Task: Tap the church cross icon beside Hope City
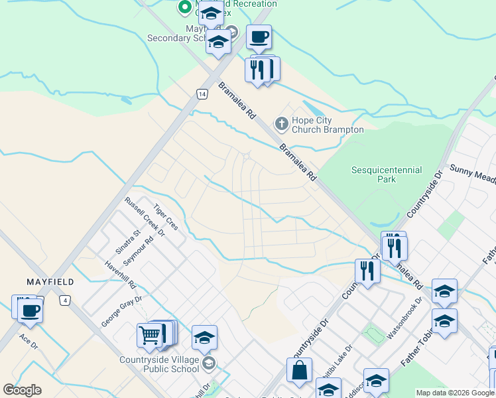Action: coord(282,123)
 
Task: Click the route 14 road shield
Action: coord(201,94)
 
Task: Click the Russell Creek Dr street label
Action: coord(144,216)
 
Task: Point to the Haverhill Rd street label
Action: coord(119,276)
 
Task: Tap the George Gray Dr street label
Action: coord(121,310)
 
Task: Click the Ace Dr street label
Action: coord(29,342)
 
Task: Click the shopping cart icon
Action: coord(151,336)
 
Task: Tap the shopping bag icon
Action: coord(299,371)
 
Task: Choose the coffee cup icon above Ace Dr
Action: coord(31,310)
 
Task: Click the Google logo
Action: coord(22,390)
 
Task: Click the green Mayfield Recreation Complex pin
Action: coord(185,8)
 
